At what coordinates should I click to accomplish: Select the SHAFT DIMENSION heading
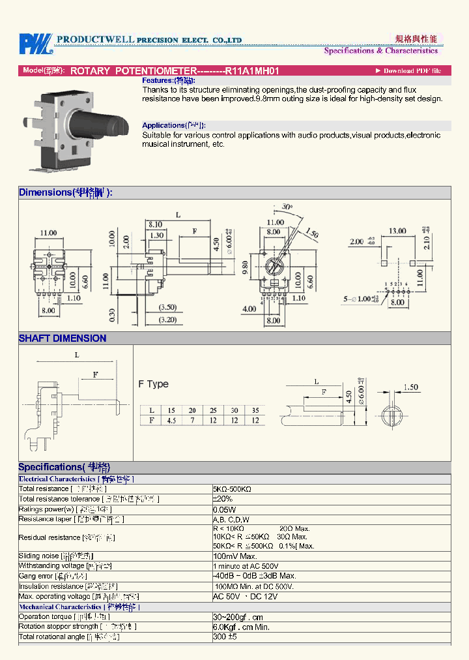coord(63,338)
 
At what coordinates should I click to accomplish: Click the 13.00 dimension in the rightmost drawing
coord(397,231)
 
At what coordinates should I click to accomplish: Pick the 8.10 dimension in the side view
coord(154,224)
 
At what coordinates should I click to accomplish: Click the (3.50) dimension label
coord(167,307)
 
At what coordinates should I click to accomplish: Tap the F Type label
coord(153,384)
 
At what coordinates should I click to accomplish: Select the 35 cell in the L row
coord(255,410)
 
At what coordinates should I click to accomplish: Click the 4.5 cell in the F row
coord(171,421)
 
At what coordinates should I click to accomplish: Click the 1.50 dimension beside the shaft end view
coord(410,387)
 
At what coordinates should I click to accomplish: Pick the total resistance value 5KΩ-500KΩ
coord(233,488)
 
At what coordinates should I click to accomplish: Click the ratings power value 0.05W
coord(225,509)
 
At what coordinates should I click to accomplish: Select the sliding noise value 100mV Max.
coord(235,556)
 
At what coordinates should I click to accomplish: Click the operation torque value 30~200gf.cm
coord(239,617)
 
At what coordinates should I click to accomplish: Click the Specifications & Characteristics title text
coord(381,50)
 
